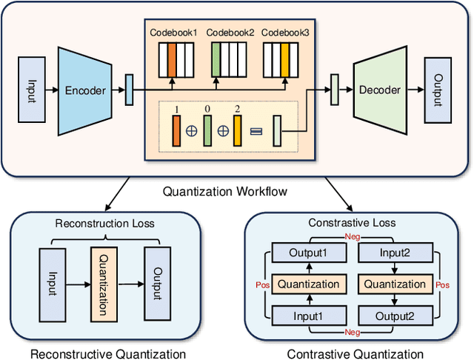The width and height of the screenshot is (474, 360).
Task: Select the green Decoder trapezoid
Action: click(x=379, y=90)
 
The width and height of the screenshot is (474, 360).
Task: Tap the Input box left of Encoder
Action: click(x=30, y=90)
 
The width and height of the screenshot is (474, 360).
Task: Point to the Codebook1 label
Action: click(x=173, y=33)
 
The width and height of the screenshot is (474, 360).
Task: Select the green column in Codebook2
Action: click(x=216, y=56)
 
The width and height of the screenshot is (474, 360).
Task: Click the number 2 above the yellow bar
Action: click(x=238, y=110)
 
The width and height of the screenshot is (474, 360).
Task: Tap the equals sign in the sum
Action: click(x=256, y=131)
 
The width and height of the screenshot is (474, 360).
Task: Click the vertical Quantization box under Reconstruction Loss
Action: click(x=103, y=281)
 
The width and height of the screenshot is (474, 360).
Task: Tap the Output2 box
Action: click(x=394, y=315)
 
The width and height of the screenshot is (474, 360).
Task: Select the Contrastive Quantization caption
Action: click(x=355, y=354)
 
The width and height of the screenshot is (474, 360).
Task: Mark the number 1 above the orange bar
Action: click(x=176, y=110)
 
